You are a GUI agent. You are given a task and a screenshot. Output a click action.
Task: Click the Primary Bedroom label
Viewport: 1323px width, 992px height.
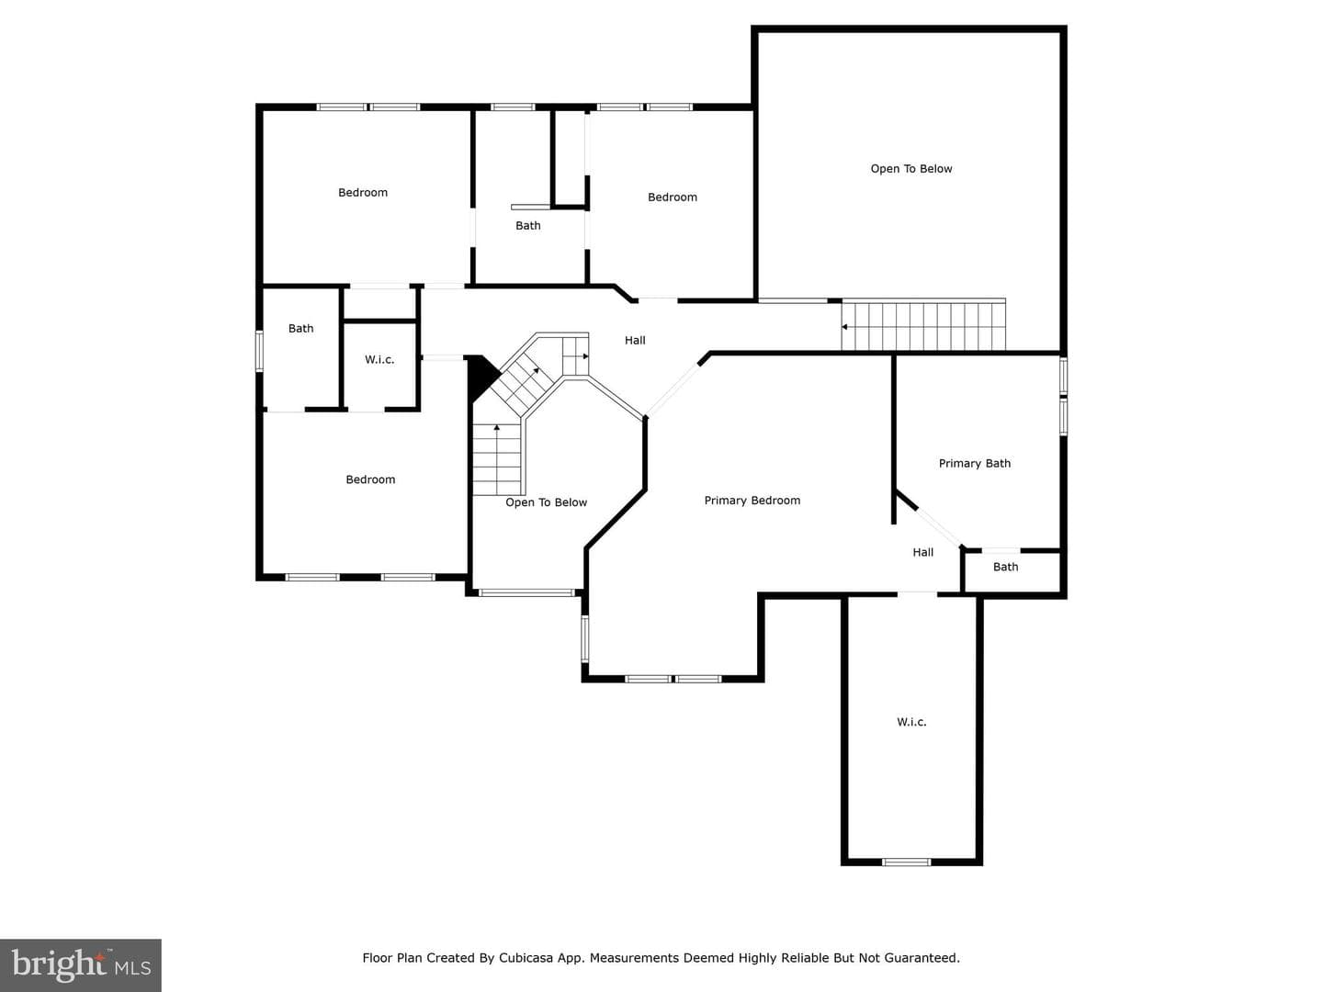pos(752,501)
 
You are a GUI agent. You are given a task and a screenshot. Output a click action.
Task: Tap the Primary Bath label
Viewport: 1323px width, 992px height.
pos(975,463)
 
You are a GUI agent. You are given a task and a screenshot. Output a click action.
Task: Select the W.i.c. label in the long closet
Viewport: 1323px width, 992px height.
pos(911,722)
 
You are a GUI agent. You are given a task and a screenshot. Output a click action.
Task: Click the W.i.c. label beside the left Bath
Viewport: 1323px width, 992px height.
pos(379,359)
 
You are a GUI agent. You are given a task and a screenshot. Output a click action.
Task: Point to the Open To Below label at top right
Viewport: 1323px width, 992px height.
pos(911,169)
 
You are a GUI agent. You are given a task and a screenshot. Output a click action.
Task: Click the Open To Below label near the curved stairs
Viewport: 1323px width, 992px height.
pos(546,502)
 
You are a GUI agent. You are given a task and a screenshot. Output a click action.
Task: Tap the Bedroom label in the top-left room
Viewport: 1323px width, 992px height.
pos(363,193)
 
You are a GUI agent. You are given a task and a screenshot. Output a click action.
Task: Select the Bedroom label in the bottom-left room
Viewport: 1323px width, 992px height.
pos(370,479)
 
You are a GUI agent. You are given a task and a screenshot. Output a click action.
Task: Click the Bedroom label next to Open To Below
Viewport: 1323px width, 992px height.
pos(673,197)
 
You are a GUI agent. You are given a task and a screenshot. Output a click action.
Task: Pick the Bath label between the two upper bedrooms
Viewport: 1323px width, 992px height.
pos(528,225)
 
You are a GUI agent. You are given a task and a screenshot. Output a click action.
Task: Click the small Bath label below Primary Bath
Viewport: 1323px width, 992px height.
pos(1005,567)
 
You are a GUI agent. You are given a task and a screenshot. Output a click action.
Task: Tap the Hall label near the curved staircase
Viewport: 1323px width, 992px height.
pos(635,340)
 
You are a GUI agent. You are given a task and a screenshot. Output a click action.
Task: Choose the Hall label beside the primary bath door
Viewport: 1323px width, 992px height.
pos(922,552)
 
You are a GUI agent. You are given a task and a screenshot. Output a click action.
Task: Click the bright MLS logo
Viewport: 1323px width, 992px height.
pos(81,964)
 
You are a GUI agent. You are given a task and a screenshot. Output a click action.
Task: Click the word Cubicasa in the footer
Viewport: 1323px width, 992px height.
pos(525,958)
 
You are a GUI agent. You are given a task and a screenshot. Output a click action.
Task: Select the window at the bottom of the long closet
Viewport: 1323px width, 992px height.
pos(906,862)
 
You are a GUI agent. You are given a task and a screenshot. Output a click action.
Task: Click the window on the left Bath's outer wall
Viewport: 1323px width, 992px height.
pos(260,351)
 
